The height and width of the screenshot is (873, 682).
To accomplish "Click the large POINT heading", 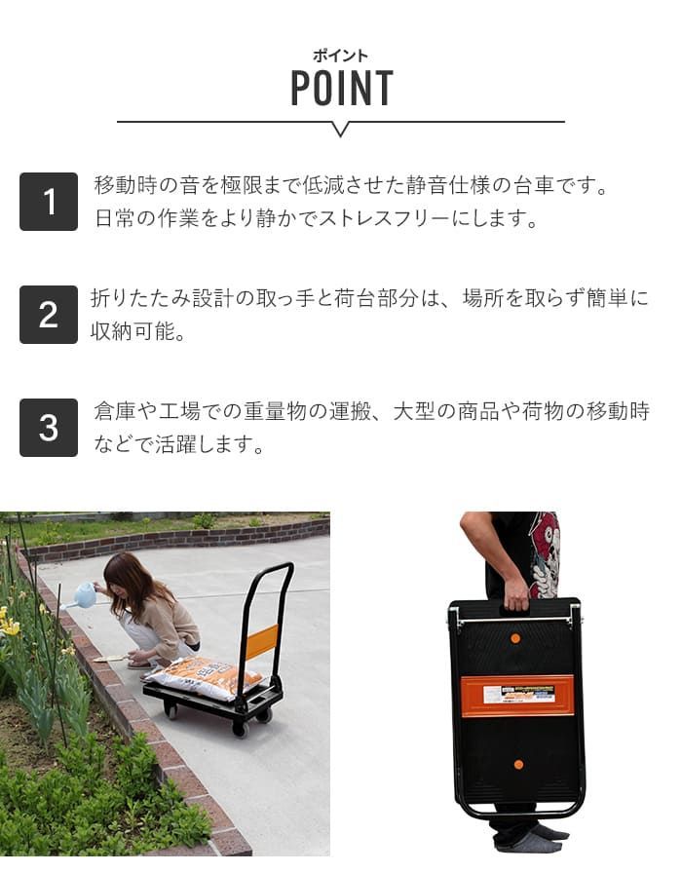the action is click(342, 88).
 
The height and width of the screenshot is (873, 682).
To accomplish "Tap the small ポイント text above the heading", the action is click(340, 56).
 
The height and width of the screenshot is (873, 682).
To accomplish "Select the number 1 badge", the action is click(49, 202).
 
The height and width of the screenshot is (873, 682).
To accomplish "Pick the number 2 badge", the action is click(49, 315).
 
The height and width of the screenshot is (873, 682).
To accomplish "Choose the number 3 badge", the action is click(49, 428).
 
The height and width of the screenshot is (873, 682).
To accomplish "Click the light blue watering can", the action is click(81, 595).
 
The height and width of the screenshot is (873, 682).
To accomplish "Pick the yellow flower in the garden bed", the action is click(10, 626).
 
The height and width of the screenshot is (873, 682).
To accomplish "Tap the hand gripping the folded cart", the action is click(515, 595).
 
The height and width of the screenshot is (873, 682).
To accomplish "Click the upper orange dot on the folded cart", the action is click(515, 638).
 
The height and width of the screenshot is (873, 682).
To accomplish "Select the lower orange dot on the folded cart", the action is click(519, 765).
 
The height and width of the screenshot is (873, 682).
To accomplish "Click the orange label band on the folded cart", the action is click(517, 696).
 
